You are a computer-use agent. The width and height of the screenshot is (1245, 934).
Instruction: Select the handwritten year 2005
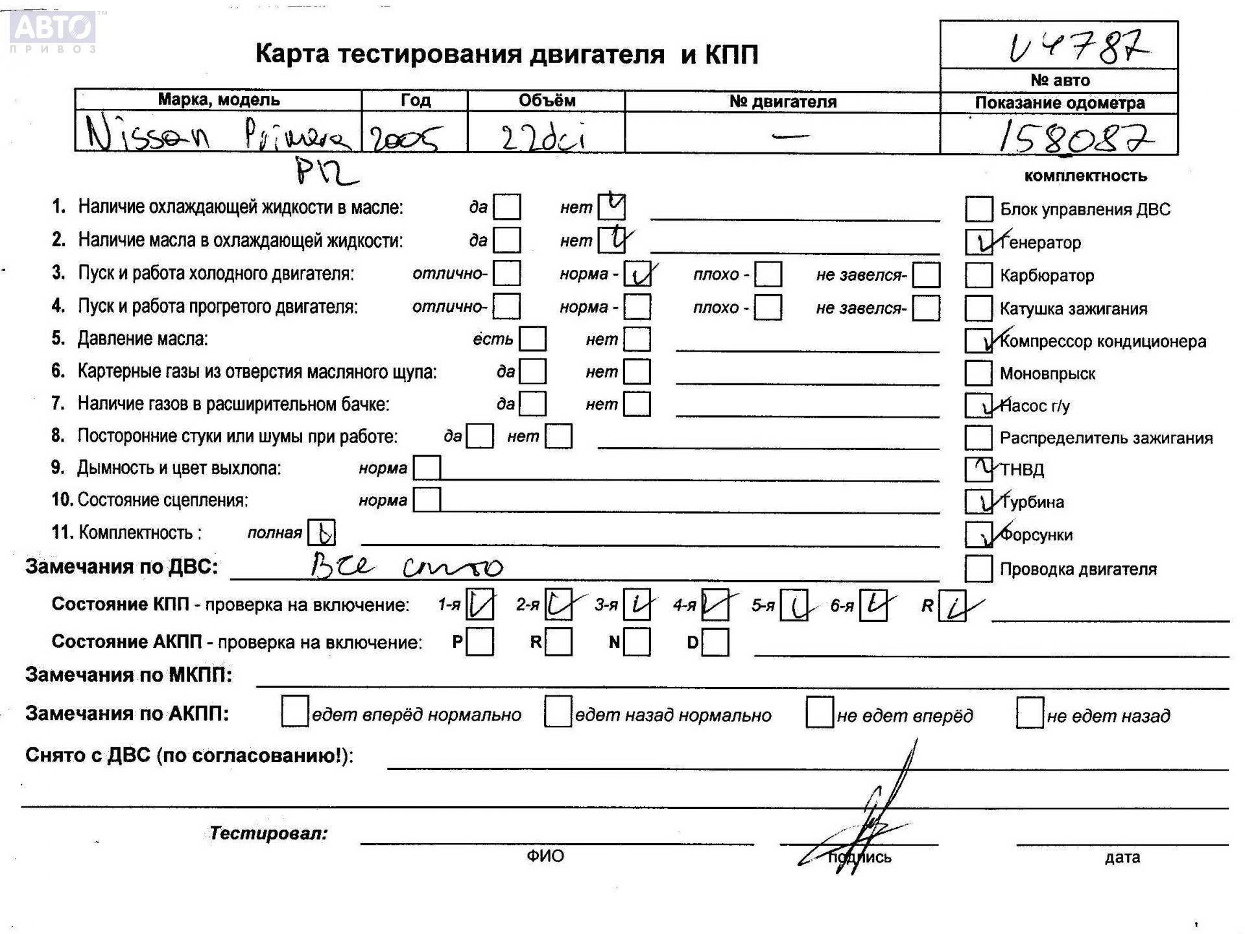pyautogui.click(x=403, y=137)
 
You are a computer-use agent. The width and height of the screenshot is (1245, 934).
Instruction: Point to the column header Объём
pyautogui.click(x=546, y=101)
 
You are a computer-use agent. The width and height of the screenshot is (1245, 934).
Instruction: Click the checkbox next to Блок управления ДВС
pyautogui.click(x=978, y=209)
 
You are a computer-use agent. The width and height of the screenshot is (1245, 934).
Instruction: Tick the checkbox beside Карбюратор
pyautogui.click(x=978, y=275)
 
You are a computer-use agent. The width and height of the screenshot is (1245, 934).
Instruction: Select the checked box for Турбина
pyautogui.click(x=978, y=501)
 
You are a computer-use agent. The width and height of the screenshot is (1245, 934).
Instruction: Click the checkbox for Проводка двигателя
pyautogui.click(x=978, y=569)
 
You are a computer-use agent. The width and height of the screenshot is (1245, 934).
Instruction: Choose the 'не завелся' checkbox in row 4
pyautogui.click(x=926, y=307)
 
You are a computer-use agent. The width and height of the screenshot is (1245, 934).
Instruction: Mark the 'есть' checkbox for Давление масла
pyautogui.click(x=532, y=339)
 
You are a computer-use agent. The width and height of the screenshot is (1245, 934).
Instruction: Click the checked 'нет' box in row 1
pyautogui.click(x=611, y=207)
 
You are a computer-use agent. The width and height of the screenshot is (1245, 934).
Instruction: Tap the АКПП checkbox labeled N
pyautogui.click(x=637, y=642)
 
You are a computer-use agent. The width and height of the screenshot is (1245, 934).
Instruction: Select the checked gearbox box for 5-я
pyautogui.click(x=794, y=605)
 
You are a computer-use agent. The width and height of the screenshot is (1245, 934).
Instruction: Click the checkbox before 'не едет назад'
pyautogui.click(x=1030, y=713)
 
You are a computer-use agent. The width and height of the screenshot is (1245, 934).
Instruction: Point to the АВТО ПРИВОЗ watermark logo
pyautogui.click(x=54, y=30)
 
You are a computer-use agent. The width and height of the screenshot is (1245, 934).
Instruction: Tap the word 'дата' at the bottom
pyautogui.click(x=1122, y=857)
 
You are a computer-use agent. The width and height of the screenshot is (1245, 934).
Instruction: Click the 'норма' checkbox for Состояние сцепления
pyautogui.click(x=427, y=500)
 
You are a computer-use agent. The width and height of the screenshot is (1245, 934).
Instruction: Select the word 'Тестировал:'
pyautogui.click(x=268, y=833)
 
